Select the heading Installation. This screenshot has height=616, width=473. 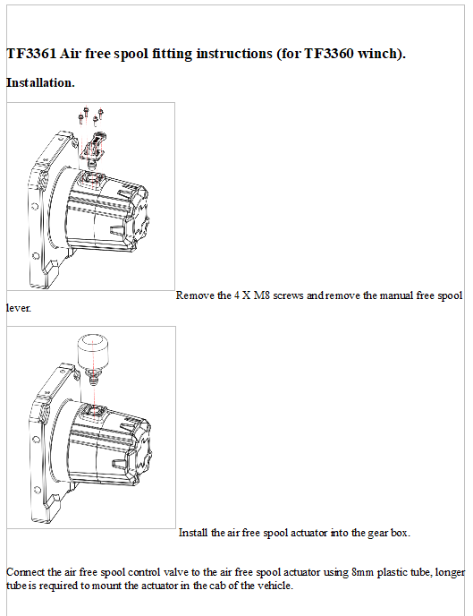(x=41, y=82)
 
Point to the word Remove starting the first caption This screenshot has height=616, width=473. (x=195, y=295)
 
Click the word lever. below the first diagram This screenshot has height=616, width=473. (x=19, y=307)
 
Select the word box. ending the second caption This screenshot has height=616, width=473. (x=399, y=532)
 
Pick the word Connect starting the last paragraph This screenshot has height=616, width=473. (x=25, y=571)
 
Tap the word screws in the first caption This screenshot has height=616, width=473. (x=290, y=295)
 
